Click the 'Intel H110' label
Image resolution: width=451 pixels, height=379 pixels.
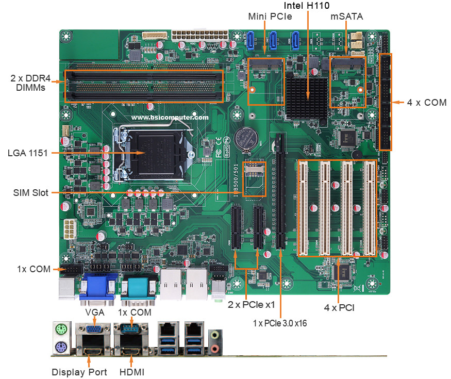click(x=307, y=6)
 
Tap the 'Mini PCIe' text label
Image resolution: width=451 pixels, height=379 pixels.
click(x=270, y=17)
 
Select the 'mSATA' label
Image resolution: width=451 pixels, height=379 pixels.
click(x=346, y=17)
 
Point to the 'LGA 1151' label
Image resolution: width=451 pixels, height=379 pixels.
click(x=28, y=153)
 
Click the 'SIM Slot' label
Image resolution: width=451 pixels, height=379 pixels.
click(x=31, y=192)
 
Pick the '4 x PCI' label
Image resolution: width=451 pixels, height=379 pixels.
click(x=339, y=308)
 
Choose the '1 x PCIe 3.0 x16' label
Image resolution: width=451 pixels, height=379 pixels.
click(x=280, y=323)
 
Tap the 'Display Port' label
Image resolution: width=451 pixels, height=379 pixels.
click(x=79, y=372)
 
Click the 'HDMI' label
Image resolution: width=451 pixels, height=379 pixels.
click(x=132, y=372)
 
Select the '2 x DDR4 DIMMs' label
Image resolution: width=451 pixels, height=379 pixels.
click(x=30, y=83)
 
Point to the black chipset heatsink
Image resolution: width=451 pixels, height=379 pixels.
click(x=307, y=97)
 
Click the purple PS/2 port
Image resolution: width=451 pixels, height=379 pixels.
click(x=61, y=347)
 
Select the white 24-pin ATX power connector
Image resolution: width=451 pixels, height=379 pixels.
click(x=200, y=35)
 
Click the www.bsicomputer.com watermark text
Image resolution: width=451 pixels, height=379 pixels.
click(x=170, y=118)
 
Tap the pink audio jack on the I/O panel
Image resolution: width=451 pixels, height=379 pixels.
click(x=214, y=349)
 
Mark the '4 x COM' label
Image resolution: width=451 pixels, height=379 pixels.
click(x=427, y=103)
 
